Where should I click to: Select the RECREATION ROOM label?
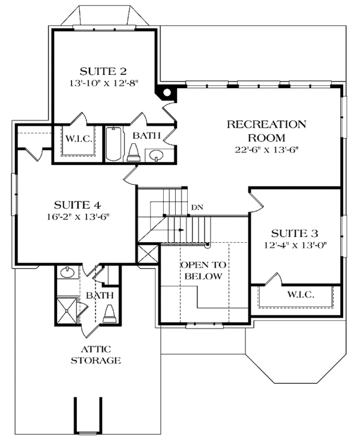coord(266,131)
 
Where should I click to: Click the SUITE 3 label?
coord(295,233)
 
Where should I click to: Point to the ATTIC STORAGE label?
coord(96,354)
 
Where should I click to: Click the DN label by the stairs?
coord(196,208)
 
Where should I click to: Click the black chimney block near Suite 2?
coord(165,91)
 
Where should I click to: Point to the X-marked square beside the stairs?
coord(147,253)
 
